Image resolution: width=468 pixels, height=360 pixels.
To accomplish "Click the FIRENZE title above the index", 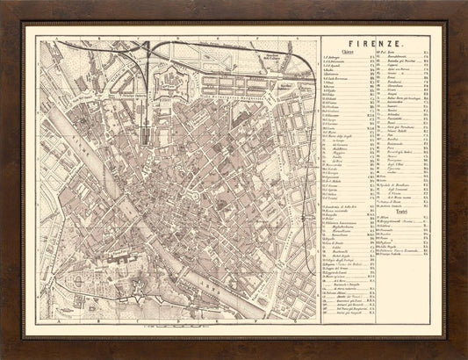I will pos(377,41).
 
